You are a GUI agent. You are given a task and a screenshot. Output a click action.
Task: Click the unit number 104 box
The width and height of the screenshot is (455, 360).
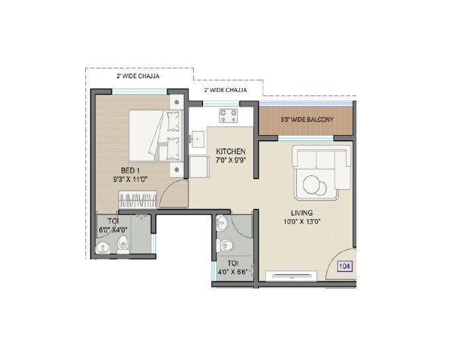click(343, 267)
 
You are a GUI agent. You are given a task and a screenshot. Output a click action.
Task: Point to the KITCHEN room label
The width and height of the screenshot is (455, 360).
click(231, 152)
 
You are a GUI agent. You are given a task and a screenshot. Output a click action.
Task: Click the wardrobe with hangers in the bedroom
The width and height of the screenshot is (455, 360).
click(138, 200)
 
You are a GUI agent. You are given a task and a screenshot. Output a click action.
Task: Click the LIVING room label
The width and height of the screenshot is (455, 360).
click(299, 212)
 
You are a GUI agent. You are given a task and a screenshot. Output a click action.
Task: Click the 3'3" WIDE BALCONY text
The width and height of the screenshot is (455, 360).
click(306, 120)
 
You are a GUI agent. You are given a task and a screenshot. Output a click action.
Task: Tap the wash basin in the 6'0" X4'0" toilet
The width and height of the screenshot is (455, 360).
click(102, 248)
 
